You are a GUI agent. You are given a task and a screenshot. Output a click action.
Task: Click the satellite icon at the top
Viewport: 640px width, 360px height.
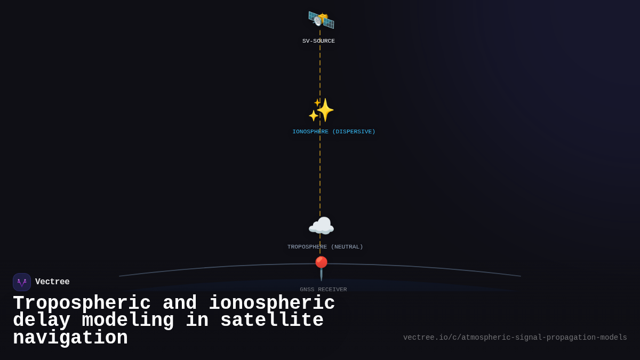(x=321, y=20)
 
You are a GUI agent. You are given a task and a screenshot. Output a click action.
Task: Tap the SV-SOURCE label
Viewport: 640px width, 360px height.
(x=318, y=41)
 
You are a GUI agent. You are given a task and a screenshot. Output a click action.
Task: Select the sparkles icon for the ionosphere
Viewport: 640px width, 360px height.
(x=321, y=110)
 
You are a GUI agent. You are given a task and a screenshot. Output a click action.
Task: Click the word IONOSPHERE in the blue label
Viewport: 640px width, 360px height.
(x=310, y=132)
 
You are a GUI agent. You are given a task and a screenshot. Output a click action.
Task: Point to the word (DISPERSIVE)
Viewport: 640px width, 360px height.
(x=354, y=132)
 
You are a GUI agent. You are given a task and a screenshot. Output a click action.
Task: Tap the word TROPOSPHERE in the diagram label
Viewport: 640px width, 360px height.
(x=307, y=247)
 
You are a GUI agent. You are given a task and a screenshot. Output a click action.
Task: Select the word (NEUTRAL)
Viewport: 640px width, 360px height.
(x=347, y=247)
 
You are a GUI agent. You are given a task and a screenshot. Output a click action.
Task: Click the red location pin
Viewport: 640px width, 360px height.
(x=321, y=266)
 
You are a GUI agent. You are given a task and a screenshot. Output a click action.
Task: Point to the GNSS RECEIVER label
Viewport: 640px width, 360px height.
(x=323, y=290)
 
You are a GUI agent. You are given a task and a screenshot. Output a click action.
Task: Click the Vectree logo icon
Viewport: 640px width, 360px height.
(x=22, y=282)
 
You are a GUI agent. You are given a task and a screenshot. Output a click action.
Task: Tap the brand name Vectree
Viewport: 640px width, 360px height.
(x=52, y=282)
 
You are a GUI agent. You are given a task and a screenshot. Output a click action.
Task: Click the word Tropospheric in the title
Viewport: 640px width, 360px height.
(x=82, y=303)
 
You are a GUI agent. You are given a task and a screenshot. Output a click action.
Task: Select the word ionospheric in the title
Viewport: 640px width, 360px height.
(x=271, y=303)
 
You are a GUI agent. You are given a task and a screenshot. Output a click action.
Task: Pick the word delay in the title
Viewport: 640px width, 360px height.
(x=42, y=321)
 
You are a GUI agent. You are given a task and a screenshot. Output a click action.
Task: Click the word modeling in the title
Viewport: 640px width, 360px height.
(x=128, y=321)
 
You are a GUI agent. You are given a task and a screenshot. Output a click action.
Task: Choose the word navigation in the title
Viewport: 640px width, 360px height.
(x=70, y=338)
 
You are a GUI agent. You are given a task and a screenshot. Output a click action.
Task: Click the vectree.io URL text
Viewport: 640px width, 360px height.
(x=515, y=338)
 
